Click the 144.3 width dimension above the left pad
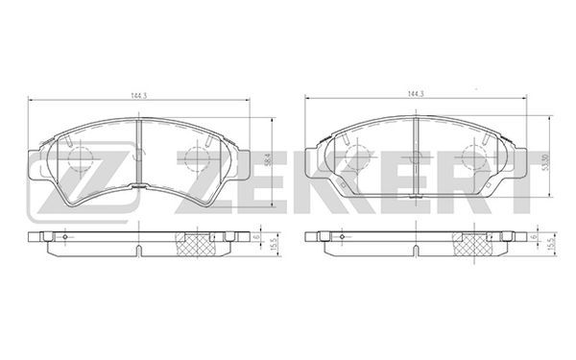click(x=139, y=95)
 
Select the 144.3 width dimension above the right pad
click(x=416, y=94)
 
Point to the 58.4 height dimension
click(x=268, y=160)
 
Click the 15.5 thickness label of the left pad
click(x=273, y=245)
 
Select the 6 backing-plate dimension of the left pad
click(x=256, y=236)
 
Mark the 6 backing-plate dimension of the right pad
click(x=534, y=236)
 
